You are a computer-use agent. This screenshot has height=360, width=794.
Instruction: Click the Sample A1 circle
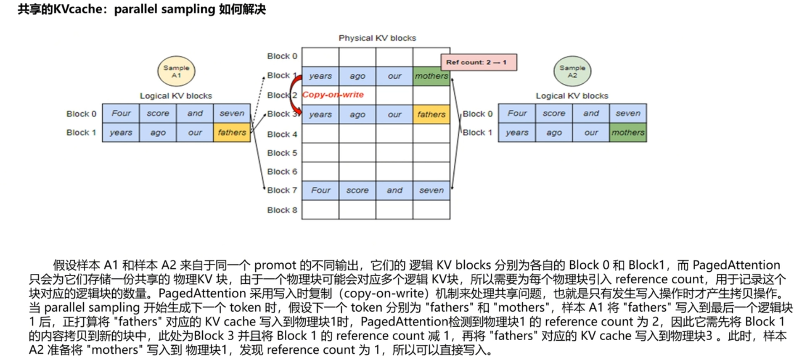pyautogui.click(x=176, y=71)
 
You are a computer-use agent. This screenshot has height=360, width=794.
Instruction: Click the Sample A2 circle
pyautogui.click(x=572, y=71)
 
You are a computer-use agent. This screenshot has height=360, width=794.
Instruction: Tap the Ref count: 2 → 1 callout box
pyautogui.click(x=478, y=62)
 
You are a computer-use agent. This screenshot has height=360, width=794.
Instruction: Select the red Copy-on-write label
pyautogui.click(x=333, y=95)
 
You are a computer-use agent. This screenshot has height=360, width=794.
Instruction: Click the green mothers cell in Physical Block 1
pyautogui.click(x=431, y=76)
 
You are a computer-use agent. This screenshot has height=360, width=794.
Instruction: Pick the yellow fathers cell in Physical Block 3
pyautogui.click(x=431, y=114)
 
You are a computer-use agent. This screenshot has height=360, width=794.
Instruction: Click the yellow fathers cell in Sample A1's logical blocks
pyautogui.click(x=232, y=132)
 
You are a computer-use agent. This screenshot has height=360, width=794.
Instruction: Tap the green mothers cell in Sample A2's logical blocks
pyautogui.click(x=627, y=132)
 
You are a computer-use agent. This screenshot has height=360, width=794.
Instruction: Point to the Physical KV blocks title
pyautogui.click(x=377, y=38)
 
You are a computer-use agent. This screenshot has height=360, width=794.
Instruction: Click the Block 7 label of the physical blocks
pyautogui.click(x=282, y=190)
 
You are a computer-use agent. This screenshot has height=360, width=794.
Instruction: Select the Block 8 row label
pyautogui.click(x=282, y=210)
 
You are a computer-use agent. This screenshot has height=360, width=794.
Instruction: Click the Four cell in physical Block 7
pyautogui.click(x=320, y=190)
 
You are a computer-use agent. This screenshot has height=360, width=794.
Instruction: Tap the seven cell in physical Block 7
pyautogui.click(x=431, y=190)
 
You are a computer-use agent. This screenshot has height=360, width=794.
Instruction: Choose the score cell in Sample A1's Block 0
pyautogui.click(x=158, y=113)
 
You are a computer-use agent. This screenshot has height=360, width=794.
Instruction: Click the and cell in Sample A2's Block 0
pyautogui.click(x=590, y=113)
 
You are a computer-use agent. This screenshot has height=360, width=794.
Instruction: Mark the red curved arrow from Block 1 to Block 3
pyautogui.click(x=293, y=95)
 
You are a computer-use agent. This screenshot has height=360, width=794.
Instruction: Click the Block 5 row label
pyautogui.click(x=282, y=153)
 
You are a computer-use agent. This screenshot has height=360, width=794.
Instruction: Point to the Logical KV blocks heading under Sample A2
pyautogui.click(x=572, y=96)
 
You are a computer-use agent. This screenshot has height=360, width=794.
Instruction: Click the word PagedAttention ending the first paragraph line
pyautogui.click(x=736, y=265)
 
